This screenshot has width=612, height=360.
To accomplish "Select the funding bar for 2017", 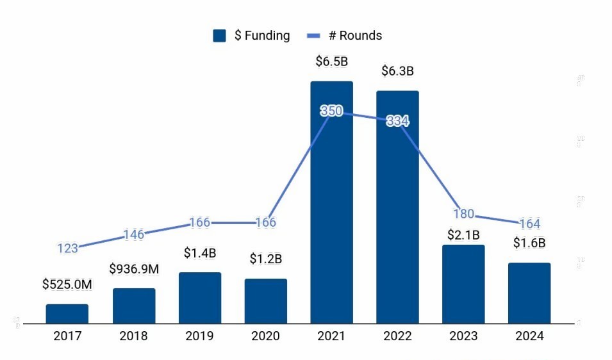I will click(67, 313).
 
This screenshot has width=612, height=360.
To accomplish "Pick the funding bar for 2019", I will click(200, 297).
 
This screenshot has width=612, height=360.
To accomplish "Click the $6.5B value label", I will click(331, 61).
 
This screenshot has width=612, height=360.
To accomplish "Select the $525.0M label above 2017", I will click(67, 284).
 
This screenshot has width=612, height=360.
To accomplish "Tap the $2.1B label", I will click(463, 235).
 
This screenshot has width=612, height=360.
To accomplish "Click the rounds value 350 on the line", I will click(331, 111).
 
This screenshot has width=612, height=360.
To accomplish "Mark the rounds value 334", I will click(398, 121).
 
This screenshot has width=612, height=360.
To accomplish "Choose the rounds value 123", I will click(67, 249).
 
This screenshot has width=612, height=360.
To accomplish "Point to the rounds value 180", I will click(463, 214).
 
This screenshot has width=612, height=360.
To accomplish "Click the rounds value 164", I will click(529, 224).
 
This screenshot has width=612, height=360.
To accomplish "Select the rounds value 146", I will click(133, 234).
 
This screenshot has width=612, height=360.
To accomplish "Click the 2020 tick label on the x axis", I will click(265, 336).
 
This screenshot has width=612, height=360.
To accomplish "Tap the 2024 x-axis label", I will click(529, 336).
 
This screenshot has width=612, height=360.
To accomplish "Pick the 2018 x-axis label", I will click(133, 336).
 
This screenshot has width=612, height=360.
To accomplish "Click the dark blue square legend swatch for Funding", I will click(220, 36).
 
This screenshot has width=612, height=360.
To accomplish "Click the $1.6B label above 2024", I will click(529, 243).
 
